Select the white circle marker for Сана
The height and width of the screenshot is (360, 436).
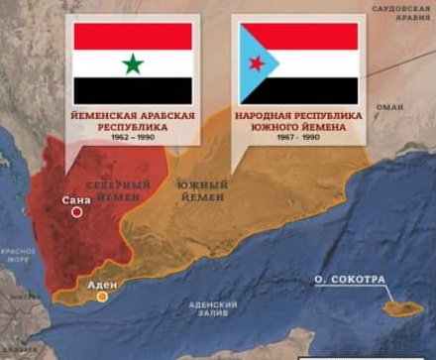[x=75, y=210]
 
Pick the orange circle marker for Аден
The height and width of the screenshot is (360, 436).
[x=102, y=297]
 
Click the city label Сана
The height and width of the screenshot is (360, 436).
[x=73, y=198]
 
